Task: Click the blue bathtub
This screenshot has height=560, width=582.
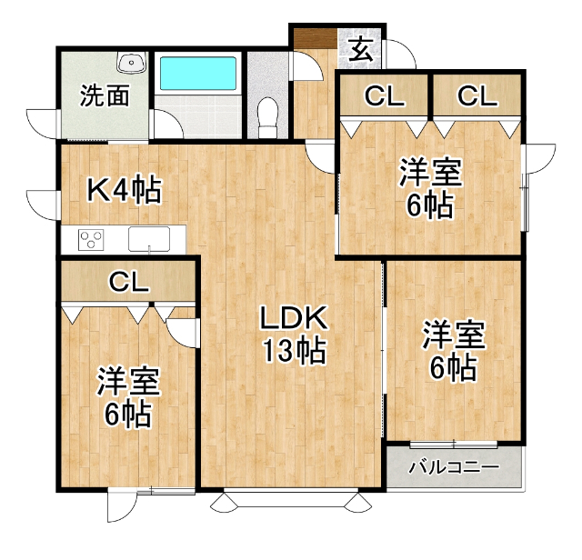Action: click(198, 73)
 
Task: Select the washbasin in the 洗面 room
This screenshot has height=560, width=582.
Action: click(131, 63)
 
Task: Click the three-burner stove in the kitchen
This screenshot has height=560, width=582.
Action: click(91, 240)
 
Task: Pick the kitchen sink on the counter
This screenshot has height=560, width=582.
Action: click(149, 239)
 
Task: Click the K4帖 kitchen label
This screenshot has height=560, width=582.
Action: click(125, 189)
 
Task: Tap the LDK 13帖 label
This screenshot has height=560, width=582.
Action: click(295, 334)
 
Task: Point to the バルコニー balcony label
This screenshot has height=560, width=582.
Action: click(454, 467)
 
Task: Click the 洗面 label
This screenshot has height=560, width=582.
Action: click(105, 95)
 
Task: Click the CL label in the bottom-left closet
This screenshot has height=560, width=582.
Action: click(129, 282)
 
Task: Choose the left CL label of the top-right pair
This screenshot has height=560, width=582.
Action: click(384, 95)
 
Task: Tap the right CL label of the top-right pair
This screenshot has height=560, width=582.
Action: click(477, 95)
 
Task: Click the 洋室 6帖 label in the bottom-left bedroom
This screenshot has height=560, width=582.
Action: click(128, 397)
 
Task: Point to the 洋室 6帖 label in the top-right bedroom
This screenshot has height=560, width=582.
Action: click(430, 187)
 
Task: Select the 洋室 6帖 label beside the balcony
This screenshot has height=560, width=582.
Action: click(454, 350)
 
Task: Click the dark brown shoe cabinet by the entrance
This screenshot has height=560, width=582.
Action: click(316, 38)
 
